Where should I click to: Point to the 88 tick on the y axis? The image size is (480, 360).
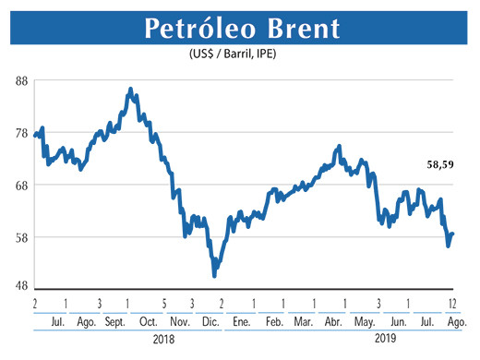click(21, 81)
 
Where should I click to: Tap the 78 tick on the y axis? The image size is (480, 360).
click(21, 133)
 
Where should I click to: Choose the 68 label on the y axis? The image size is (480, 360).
click(21, 185)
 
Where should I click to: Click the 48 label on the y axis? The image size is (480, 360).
click(21, 286)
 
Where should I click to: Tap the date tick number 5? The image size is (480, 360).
click(163, 303)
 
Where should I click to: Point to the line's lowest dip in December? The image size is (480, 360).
click(214, 275)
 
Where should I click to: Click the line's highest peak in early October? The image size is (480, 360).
click(130, 90)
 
